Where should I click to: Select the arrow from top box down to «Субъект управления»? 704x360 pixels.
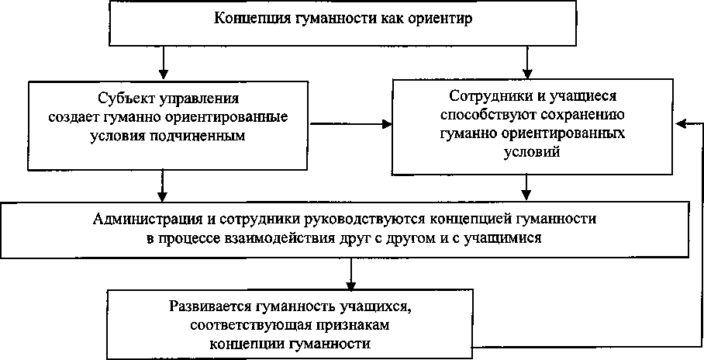[162, 61]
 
